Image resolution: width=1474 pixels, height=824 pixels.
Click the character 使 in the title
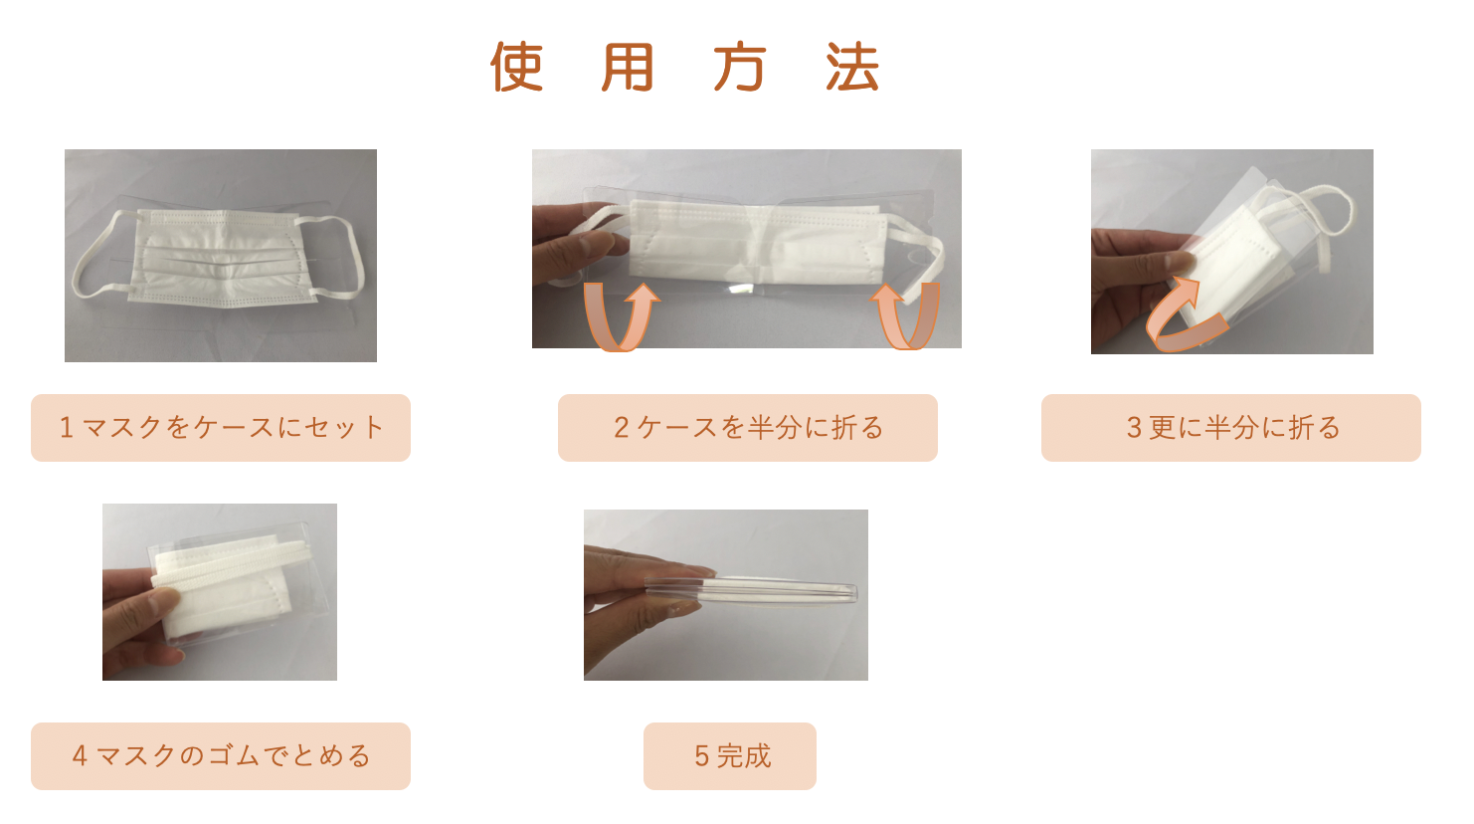pyautogui.click(x=517, y=67)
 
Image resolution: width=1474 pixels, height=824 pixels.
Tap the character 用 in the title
pyautogui.click(x=628, y=67)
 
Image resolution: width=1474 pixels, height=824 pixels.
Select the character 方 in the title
pyautogui.click(x=740, y=67)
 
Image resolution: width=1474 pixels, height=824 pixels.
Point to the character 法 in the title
pyautogui.click(x=852, y=67)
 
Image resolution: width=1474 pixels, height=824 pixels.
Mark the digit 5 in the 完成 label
pyautogui.click(x=701, y=756)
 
